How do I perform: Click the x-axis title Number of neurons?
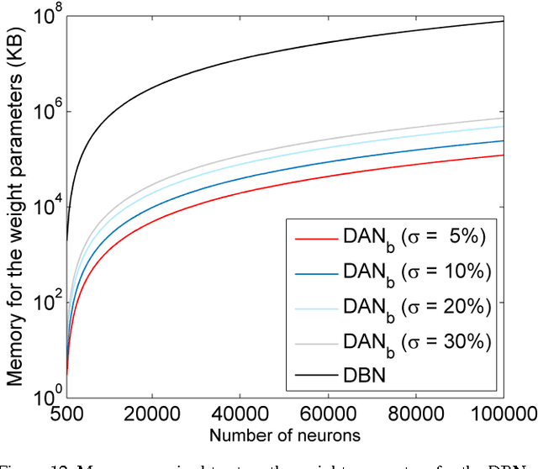[x=284, y=435]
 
